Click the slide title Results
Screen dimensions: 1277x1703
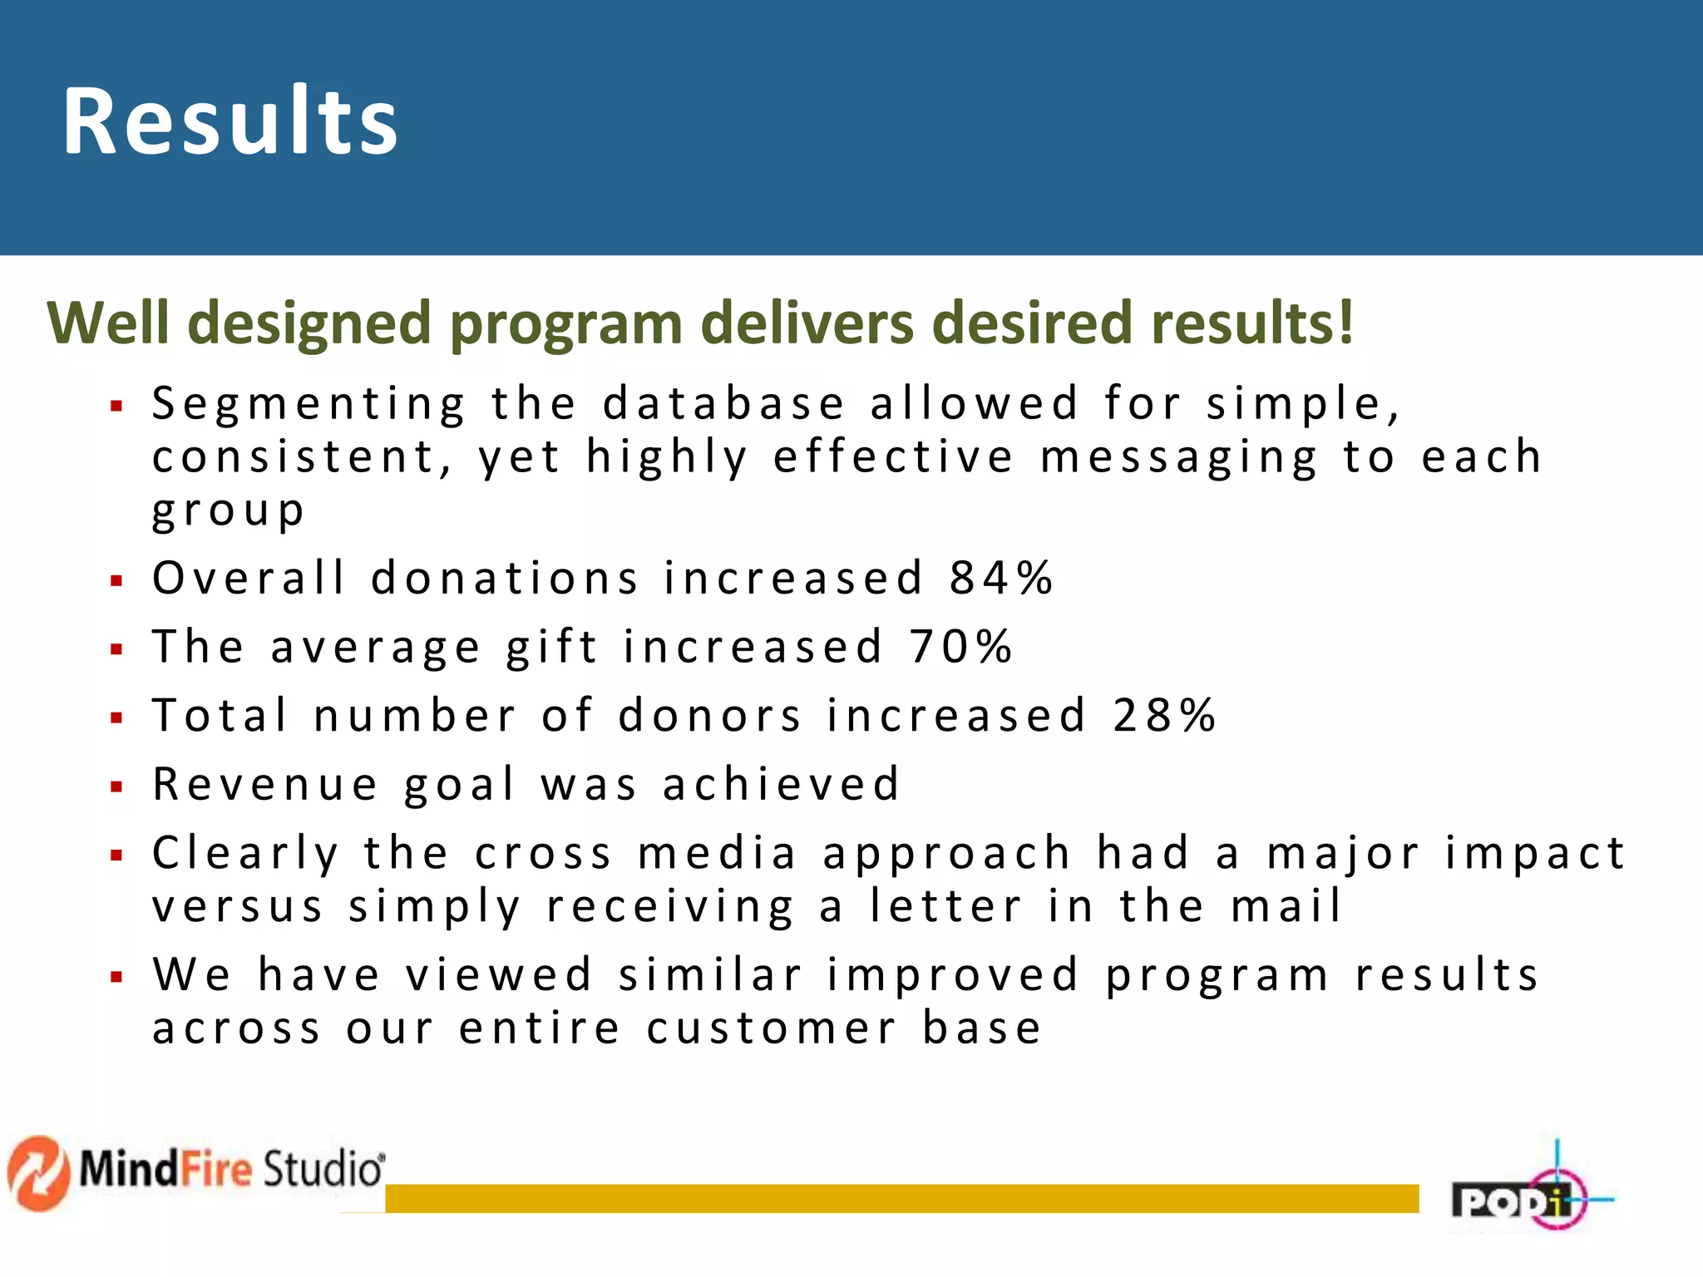[230, 121]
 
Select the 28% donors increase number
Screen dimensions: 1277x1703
[1164, 715]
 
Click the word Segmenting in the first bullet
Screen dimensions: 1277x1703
[309, 406]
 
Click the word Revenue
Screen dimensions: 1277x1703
[265, 784]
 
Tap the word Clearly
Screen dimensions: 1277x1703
[245, 855]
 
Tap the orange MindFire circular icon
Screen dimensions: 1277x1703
[38, 1172]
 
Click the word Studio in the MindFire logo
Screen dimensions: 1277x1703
[323, 1169]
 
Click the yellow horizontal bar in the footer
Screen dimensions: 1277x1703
[901, 1198]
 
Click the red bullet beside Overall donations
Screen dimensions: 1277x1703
[116, 580]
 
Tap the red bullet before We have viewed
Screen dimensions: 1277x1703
[116, 977]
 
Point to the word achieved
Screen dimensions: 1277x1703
[781, 784]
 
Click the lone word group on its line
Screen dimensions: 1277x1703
[228, 510]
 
